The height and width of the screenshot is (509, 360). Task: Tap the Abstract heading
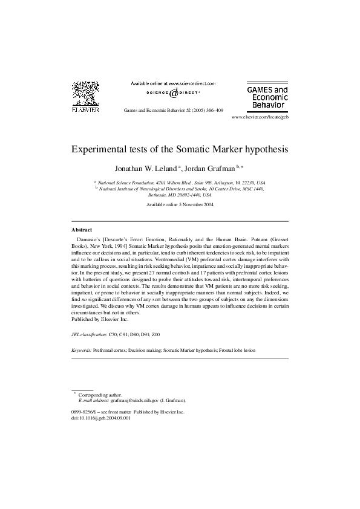[x=82, y=230]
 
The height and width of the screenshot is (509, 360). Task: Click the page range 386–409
[x=214, y=111]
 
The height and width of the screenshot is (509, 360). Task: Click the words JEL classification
[x=89, y=334]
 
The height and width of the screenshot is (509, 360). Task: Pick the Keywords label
[x=81, y=350]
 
